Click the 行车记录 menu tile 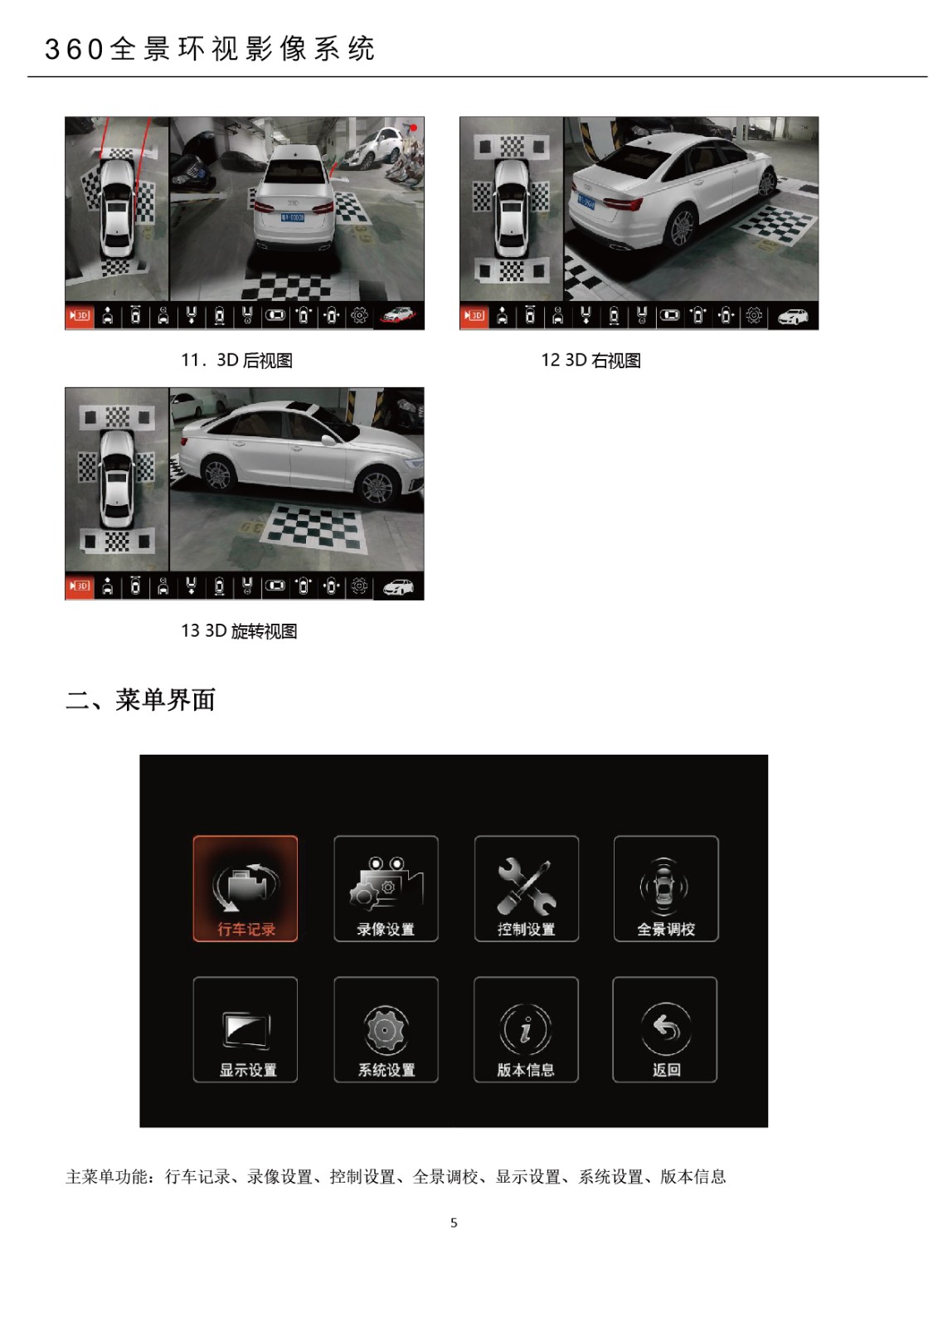(x=245, y=888)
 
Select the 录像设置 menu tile (x=386, y=888)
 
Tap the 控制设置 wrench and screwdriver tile (x=526, y=888)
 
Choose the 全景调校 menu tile (x=666, y=888)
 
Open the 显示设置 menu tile (x=245, y=1029)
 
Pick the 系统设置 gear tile (x=386, y=1029)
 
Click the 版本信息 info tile (x=526, y=1029)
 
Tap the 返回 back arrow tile (x=665, y=1029)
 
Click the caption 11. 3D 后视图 (x=236, y=360)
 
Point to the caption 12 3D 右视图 (x=591, y=360)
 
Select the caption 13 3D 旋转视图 (x=239, y=631)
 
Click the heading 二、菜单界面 (x=140, y=700)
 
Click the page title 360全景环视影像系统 (x=210, y=49)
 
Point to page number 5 (x=454, y=1222)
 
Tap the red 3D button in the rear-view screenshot (x=79, y=316)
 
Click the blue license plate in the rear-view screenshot (x=292, y=217)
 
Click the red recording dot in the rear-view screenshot (x=414, y=128)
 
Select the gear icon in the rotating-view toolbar (x=360, y=586)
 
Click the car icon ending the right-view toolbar (x=793, y=316)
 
